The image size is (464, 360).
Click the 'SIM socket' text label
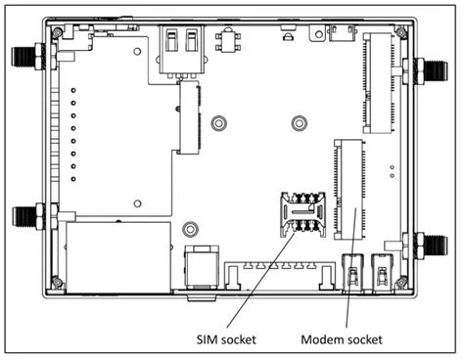(x=226, y=339)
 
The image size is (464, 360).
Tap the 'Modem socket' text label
(x=342, y=339)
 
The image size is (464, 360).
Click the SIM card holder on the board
(x=303, y=214)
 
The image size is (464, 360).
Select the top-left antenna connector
(x=28, y=57)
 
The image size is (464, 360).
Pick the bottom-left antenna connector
(x=28, y=216)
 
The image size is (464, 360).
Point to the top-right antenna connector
(x=431, y=70)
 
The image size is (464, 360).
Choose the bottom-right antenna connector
(x=431, y=246)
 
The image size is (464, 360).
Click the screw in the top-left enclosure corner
(x=58, y=32)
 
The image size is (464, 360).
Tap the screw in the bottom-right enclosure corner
(x=401, y=282)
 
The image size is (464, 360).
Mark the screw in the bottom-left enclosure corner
(x=58, y=282)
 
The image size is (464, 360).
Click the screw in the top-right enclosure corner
(x=401, y=32)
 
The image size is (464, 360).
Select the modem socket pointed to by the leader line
(x=348, y=190)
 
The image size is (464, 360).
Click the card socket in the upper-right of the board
(x=379, y=83)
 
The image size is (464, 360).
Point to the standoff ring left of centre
(x=218, y=123)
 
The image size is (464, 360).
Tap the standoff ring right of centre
(x=299, y=123)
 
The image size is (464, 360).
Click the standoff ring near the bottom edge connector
(x=190, y=229)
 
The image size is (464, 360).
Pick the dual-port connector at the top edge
(x=181, y=52)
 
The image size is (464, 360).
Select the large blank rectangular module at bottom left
(x=118, y=257)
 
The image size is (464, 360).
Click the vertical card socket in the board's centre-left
(x=189, y=117)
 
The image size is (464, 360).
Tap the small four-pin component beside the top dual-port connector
(x=228, y=41)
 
